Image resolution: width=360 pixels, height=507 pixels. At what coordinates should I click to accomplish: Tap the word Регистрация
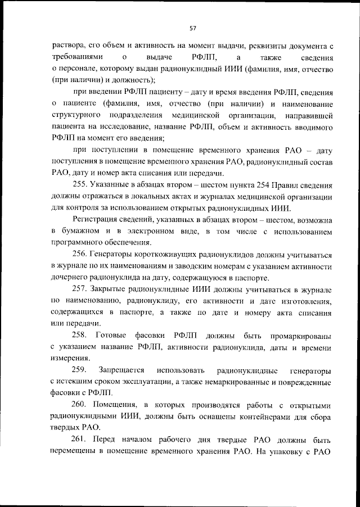96,220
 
